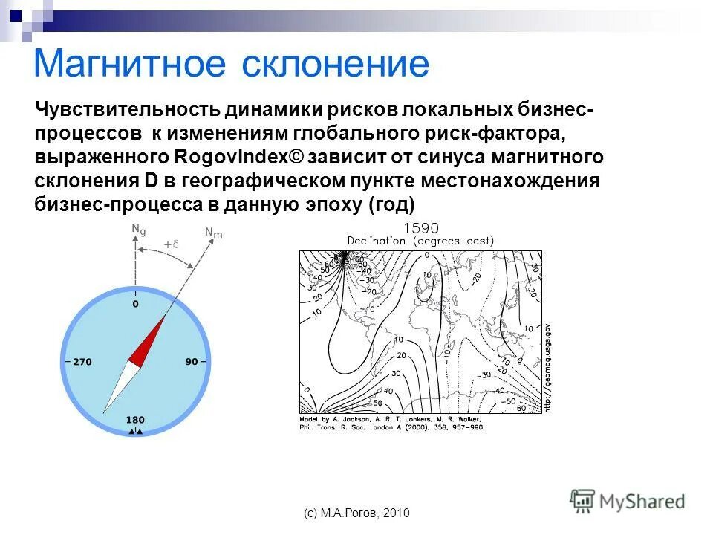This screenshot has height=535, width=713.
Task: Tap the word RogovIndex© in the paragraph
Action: [x=238, y=158]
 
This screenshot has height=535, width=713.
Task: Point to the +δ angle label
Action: [x=172, y=244]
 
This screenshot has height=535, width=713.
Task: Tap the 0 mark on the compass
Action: [x=135, y=304]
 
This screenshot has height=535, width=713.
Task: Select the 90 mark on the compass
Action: [x=191, y=362]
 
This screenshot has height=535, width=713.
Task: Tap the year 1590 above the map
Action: [x=420, y=228]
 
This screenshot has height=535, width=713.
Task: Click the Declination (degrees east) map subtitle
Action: [x=420, y=241]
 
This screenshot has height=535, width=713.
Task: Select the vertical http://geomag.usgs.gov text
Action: [x=547, y=369]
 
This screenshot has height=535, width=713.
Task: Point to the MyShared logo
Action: [x=628, y=502]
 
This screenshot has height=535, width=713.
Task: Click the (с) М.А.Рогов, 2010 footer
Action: [x=356, y=513]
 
